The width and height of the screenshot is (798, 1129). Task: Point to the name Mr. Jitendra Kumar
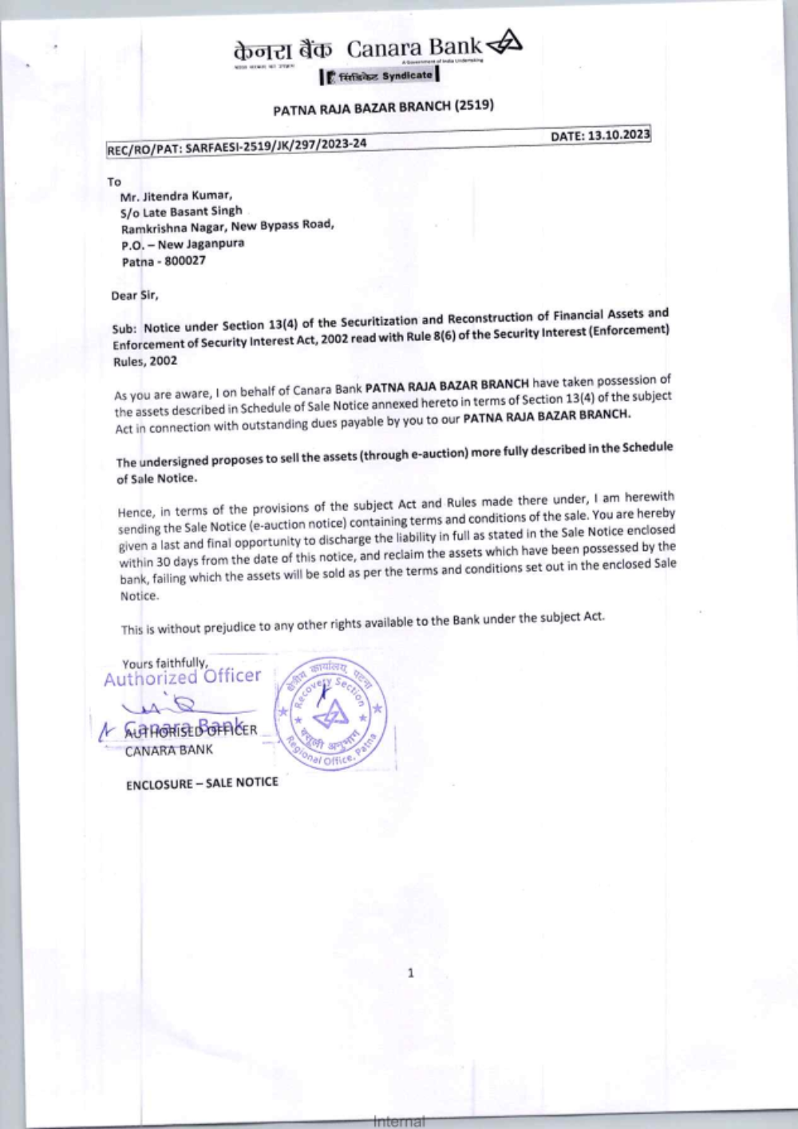[176, 196]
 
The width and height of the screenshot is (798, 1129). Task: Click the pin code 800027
[185, 261]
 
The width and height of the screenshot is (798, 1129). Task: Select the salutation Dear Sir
[135, 295]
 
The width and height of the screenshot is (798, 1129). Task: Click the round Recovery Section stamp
[330, 715]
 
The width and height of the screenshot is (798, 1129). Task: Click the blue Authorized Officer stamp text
[183, 677]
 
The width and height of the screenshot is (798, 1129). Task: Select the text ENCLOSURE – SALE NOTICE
[202, 783]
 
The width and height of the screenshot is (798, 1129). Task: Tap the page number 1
[411, 973]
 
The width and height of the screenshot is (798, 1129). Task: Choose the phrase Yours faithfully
[164, 663]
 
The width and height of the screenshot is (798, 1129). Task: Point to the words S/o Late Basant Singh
[181, 212]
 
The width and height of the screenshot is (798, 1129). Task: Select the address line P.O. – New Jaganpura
[183, 244]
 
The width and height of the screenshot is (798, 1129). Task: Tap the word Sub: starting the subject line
[125, 328]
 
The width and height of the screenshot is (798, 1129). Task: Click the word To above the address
[114, 182]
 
